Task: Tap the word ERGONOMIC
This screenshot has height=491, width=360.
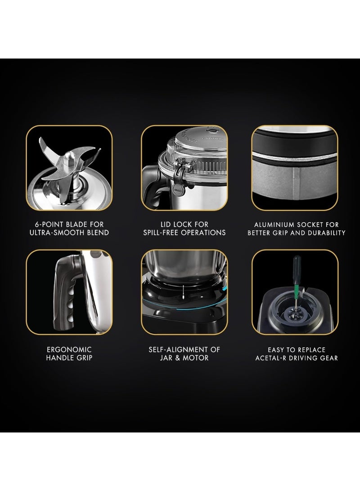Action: coord(69,349)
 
